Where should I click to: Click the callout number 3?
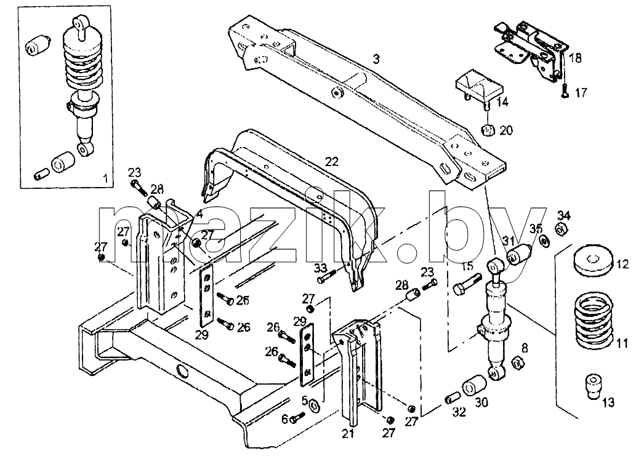pyautogui.click(x=376, y=59)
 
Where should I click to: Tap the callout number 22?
pyautogui.click(x=331, y=162)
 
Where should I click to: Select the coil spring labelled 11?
pyautogui.click(x=592, y=319)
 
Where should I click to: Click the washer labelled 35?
pyautogui.click(x=545, y=241)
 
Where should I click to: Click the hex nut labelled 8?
pyautogui.click(x=517, y=363)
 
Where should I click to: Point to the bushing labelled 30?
pyautogui.click(x=474, y=385)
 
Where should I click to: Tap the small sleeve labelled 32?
pyautogui.click(x=453, y=398)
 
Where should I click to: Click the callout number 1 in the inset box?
pyautogui.click(x=105, y=178)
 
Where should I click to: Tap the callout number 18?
pyautogui.click(x=576, y=58)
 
